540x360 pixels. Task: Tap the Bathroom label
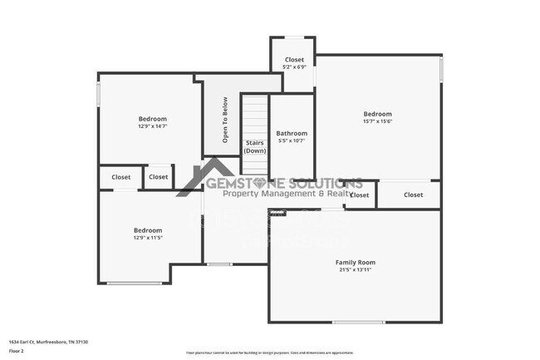pos(292,133)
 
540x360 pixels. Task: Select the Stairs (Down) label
pos(255,146)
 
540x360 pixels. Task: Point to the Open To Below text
pos(225,120)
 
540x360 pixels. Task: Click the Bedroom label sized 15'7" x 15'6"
pos(377,114)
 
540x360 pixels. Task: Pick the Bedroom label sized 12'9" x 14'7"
pos(152,119)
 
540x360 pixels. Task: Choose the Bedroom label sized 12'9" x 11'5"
pos(148,230)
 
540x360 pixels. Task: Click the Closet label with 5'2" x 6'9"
pos(294,60)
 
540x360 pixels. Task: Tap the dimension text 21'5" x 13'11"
pos(356,270)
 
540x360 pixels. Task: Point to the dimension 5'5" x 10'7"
pos(292,141)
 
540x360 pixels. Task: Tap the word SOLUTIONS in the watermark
pos(326,183)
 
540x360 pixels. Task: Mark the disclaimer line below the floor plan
pos(269,353)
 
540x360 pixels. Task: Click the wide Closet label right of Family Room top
pos(413,195)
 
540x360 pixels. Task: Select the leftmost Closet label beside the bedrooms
pos(121,177)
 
